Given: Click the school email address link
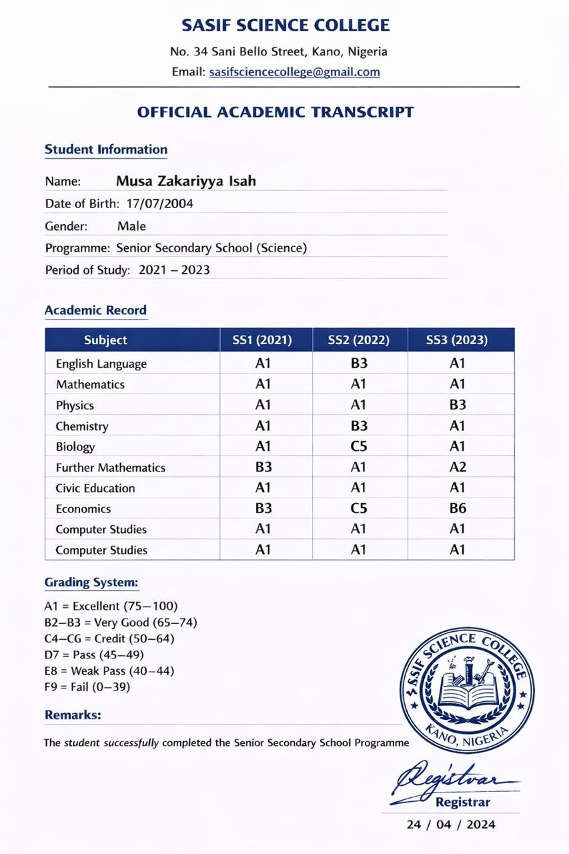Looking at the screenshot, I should (x=294, y=72).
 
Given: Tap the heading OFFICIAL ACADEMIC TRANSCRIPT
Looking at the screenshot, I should (x=275, y=112).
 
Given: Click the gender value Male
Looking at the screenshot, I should (x=131, y=226).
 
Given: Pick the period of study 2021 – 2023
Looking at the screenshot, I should (x=174, y=270).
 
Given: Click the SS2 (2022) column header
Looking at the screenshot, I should (x=359, y=340).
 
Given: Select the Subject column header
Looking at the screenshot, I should (x=105, y=340).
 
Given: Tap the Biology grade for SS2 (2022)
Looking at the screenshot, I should (x=359, y=446).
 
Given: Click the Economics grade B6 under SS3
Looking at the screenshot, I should (x=458, y=508).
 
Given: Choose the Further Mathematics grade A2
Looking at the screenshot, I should (x=458, y=467).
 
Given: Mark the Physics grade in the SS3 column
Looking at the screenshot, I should (x=458, y=404).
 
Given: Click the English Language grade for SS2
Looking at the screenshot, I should (x=359, y=364).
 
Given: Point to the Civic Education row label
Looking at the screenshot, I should (x=95, y=488).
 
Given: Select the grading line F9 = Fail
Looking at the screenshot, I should (x=87, y=686).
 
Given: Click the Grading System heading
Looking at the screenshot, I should (x=91, y=582).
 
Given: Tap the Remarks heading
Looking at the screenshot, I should (x=73, y=715).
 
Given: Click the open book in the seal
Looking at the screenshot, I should (x=467, y=697).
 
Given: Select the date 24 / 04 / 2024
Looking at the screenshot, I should (x=451, y=825).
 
